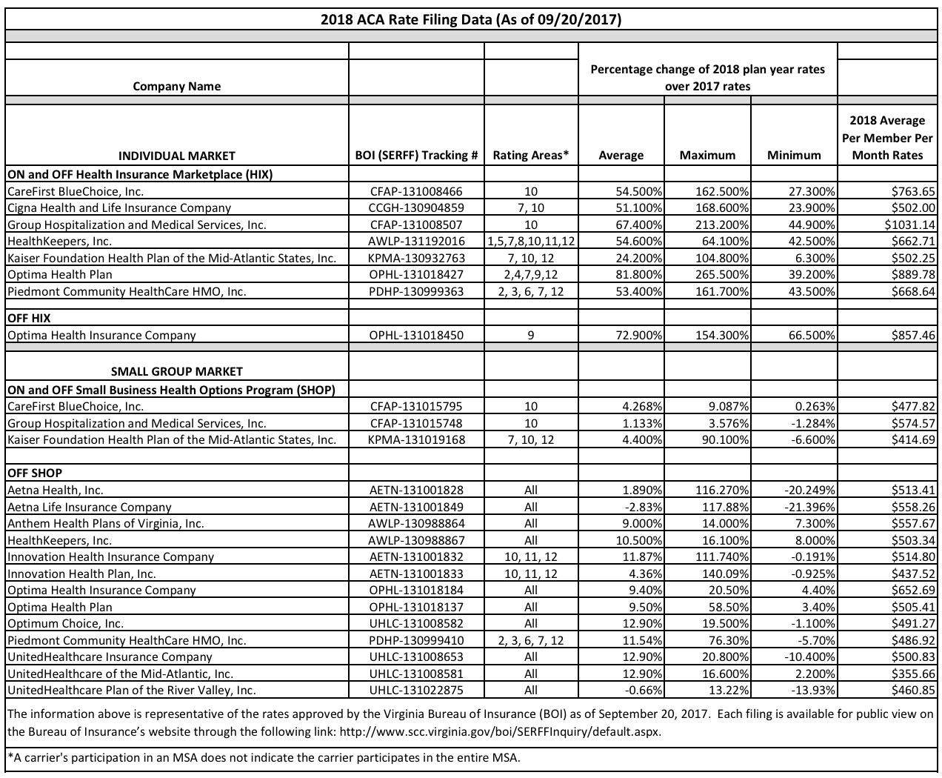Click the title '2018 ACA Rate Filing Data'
click(x=470, y=20)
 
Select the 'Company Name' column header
click(x=176, y=86)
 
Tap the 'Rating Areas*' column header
click(x=530, y=155)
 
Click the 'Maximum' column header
click(x=707, y=155)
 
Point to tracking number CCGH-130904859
click(x=416, y=208)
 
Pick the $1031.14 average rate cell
click(x=909, y=225)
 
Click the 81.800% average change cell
click(x=638, y=275)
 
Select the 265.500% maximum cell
click(x=722, y=275)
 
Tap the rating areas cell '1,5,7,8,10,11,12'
click(x=530, y=242)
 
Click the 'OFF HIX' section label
click(x=29, y=318)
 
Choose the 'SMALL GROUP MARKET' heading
click(x=176, y=371)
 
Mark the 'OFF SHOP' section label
click(x=35, y=473)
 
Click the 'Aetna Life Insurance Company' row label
click(x=89, y=507)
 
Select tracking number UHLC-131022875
click(x=416, y=691)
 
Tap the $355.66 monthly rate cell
click(x=913, y=674)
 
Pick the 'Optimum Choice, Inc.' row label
click(x=65, y=624)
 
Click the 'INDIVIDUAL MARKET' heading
click(x=176, y=156)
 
